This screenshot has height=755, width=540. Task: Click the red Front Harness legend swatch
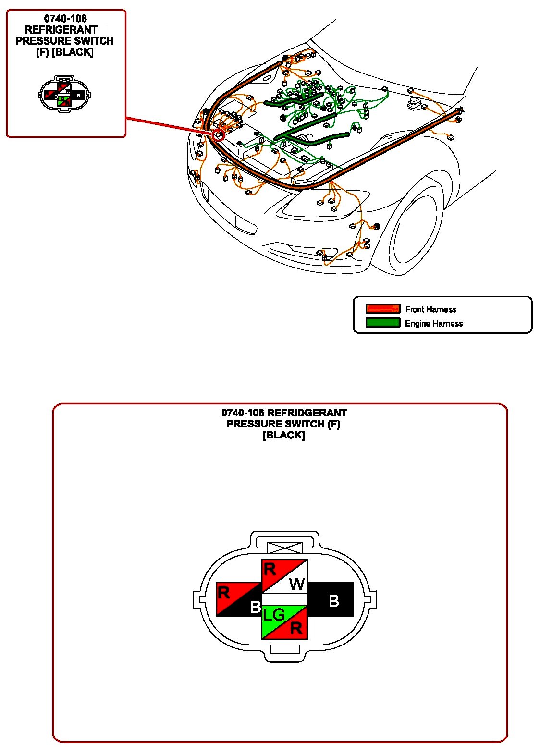coord(382,309)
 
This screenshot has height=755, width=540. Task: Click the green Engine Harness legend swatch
coord(382,323)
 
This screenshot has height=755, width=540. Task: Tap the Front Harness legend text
coord(430,309)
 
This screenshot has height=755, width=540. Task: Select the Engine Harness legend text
coord(433,323)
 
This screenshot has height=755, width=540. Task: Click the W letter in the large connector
coord(296,584)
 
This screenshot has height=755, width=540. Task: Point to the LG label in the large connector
coord(274,614)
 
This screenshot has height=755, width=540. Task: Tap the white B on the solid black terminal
coord(333,600)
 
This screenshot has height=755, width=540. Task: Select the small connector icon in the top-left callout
coord(64,94)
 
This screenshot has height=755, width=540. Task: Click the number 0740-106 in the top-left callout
coord(65,19)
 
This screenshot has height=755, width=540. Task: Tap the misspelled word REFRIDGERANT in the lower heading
coord(307,413)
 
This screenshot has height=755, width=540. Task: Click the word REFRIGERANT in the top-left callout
coord(61,30)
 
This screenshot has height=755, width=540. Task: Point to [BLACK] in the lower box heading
coord(283,435)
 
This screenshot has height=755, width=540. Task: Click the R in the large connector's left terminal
coord(224,592)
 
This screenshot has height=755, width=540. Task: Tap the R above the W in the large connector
coord(270,569)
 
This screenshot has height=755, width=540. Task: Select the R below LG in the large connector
coord(296,628)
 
